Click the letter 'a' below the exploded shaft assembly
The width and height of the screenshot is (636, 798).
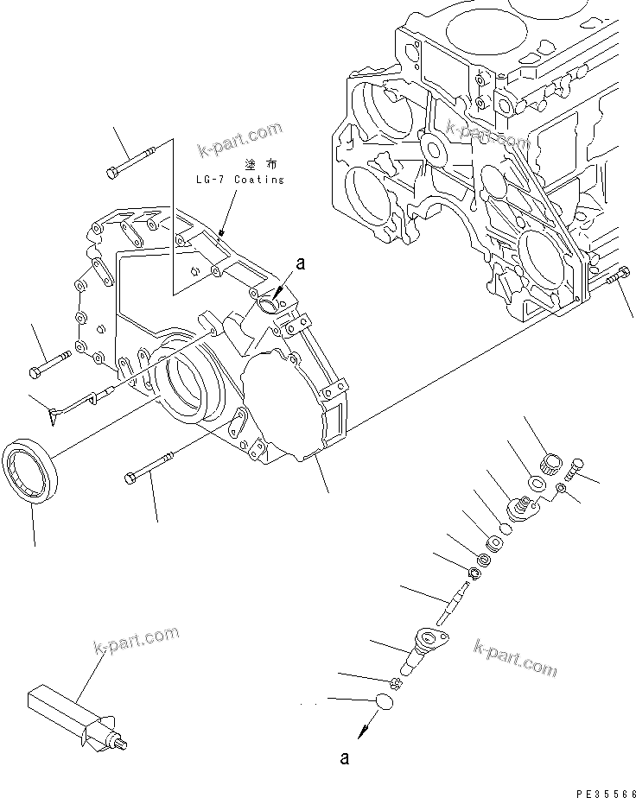pyautogui.click(x=344, y=759)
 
